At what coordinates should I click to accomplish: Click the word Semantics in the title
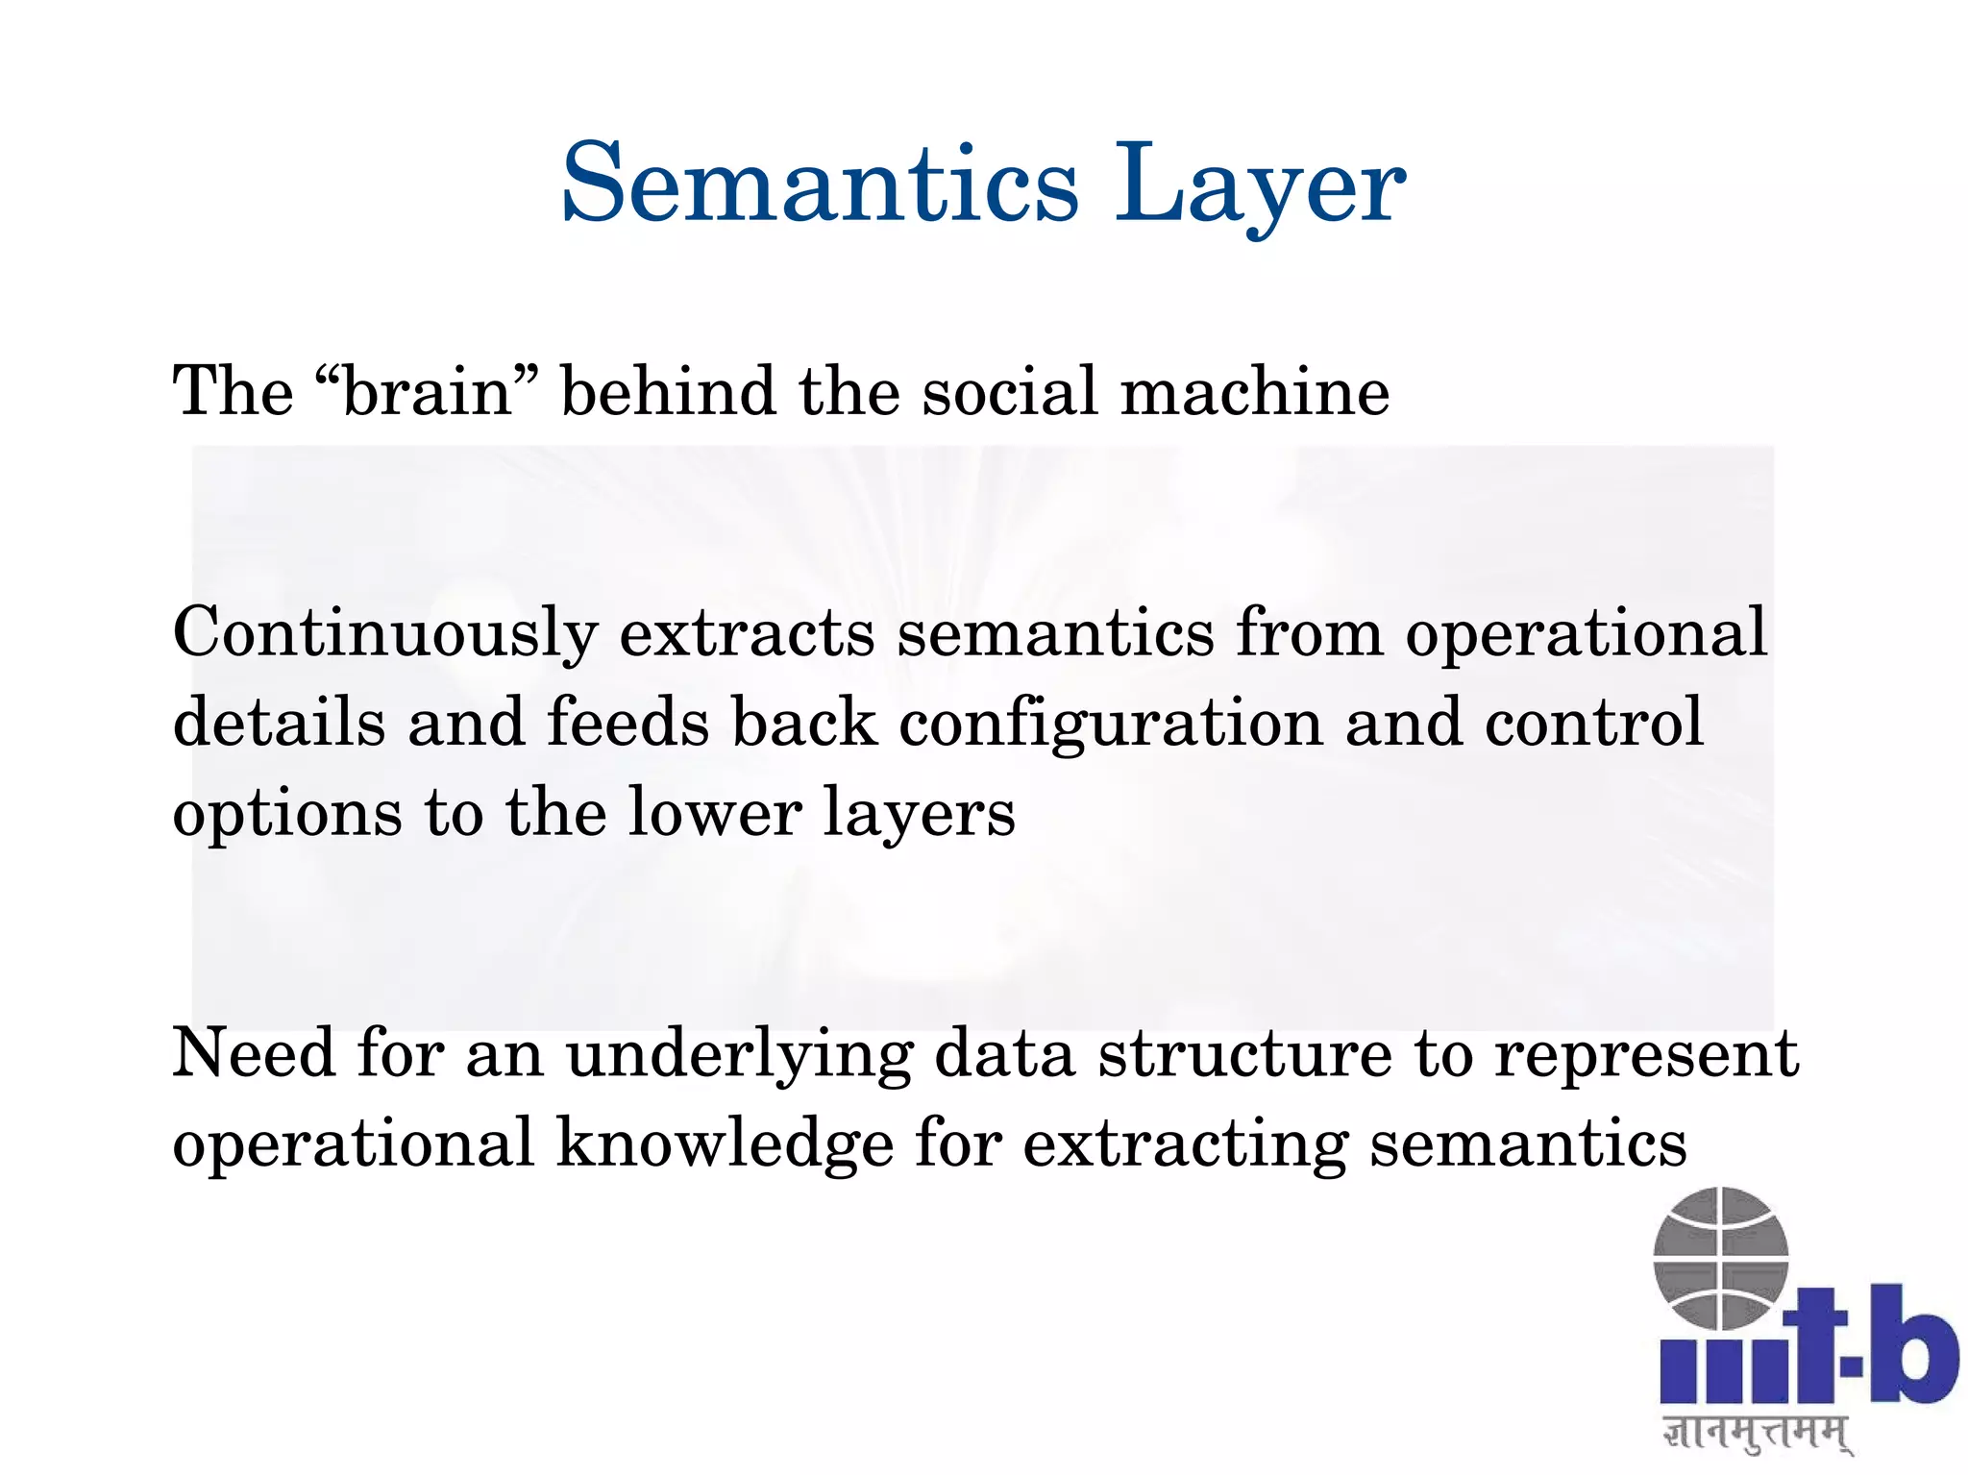click(x=820, y=183)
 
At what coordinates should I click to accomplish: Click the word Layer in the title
click(x=1259, y=183)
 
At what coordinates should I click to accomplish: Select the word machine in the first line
click(x=1255, y=392)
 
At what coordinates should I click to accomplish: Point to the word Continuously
click(x=384, y=634)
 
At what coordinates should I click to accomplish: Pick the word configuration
click(x=1110, y=724)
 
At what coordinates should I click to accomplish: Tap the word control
click(x=1593, y=724)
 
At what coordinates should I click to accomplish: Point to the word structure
click(x=1244, y=1054)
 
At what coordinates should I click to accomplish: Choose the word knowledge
click(x=726, y=1144)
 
